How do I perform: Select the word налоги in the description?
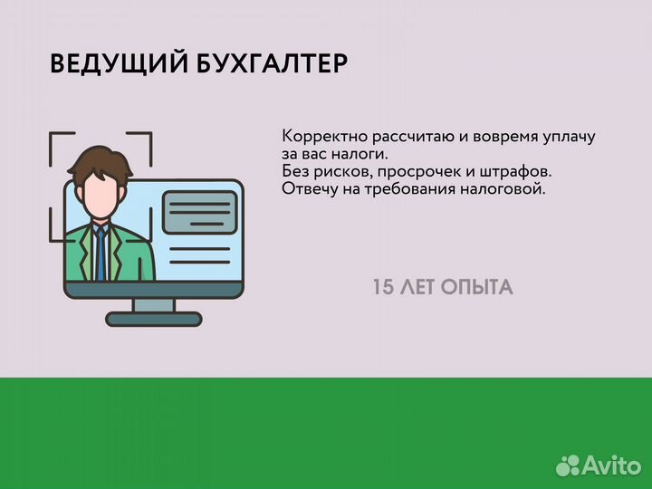click(x=360, y=155)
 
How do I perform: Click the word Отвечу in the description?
click(x=307, y=189)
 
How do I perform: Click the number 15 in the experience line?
click(x=384, y=288)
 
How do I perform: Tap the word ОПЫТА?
click(x=477, y=288)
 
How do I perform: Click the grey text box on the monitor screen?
click(x=198, y=213)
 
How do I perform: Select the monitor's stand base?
click(x=154, y=319)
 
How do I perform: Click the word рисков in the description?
click(x=342, y=172)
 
